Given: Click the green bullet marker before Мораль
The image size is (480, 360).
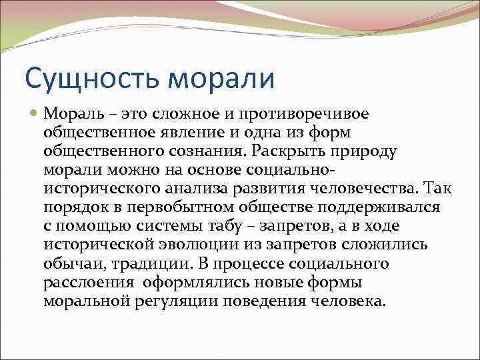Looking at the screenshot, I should (x=35, y=114).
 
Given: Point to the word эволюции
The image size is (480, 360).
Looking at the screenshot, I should (x=215, y=245).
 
